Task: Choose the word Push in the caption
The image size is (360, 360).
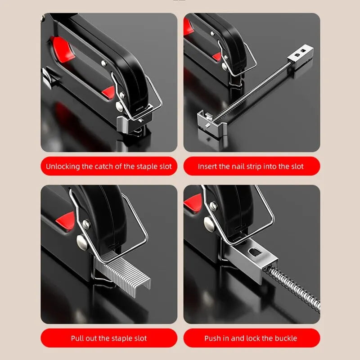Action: pyautogui.click(x=213, y=338)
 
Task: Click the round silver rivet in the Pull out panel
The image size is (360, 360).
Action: pyautogui.click(x=83, y=242)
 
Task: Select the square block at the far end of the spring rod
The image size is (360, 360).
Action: pyautogui.click(x=300, y=54)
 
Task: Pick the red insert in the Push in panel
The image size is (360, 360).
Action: pyautogui.click(x=193, y=201)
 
